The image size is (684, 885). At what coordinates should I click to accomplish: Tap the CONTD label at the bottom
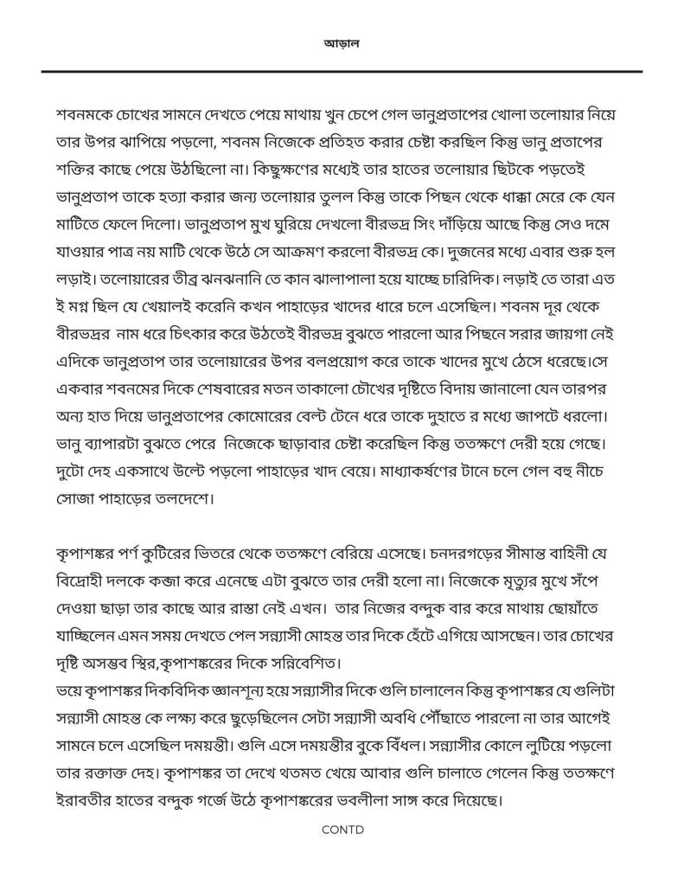342,829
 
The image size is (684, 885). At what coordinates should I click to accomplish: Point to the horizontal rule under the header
342,71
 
